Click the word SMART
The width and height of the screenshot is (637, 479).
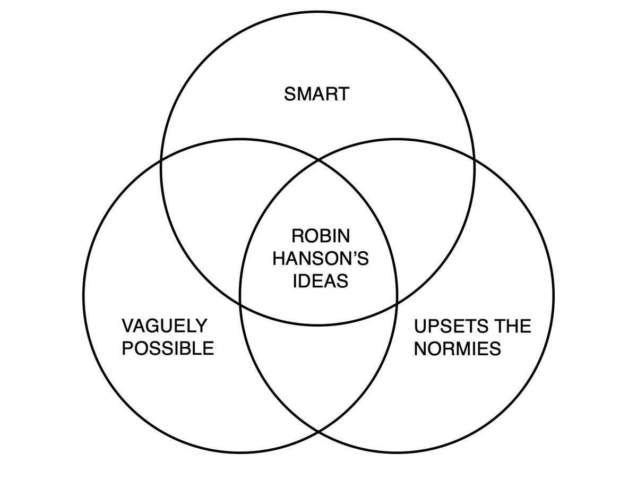[x=316, y=95]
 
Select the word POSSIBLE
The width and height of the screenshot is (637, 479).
[x=168, y=348]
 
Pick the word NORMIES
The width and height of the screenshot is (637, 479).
[x=457, y=349]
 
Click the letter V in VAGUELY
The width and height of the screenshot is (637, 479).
[x=128, y=326]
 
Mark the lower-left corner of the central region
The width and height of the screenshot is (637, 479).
[x=240, y=304]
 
